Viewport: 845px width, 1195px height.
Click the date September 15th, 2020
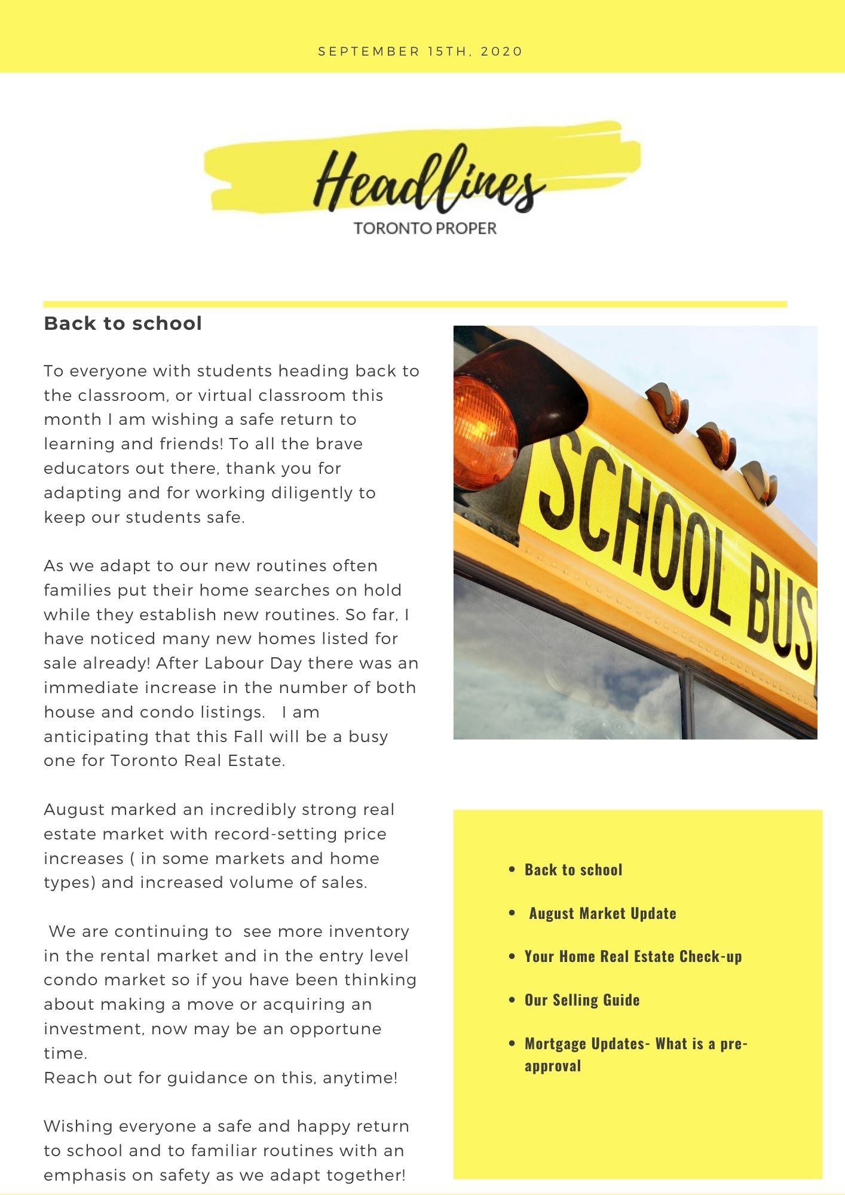pyautogui.click(x=421, y=51)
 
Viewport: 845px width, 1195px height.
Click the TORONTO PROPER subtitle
pyautogui.click(x=425, y=228)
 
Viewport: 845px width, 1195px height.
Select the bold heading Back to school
pyautogui.click(x=123, y=323)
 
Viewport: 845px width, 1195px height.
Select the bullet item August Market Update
pyautogui.click(x=602, y=913)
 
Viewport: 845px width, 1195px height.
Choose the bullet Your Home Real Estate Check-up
pyautogui.click(x=633, y=957)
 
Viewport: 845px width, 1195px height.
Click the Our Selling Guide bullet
pyautogui.click(x=582, y=1000)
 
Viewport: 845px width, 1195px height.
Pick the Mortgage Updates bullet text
pyautogui.click(x=636, y=1055)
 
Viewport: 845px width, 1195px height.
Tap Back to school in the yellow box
pyautogui.click(x=573, y=870)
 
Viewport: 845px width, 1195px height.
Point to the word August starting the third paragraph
pyautogui.click(x=74, y=810)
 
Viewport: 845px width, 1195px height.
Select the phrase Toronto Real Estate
pyautogui.click(x=198, y=761)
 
